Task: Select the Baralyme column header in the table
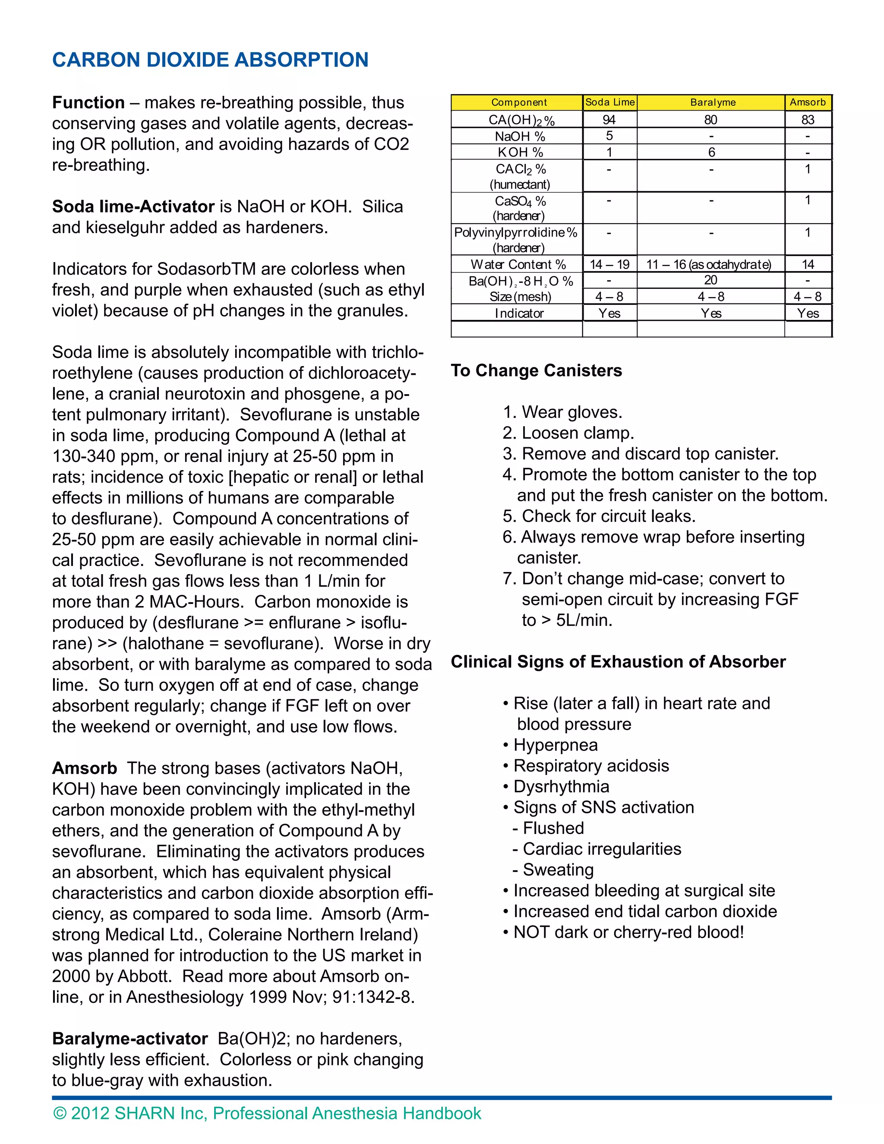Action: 712,103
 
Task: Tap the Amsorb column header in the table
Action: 808,103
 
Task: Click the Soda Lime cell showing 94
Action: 609,120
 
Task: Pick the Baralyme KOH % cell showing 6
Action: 711,152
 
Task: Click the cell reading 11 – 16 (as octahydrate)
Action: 709,265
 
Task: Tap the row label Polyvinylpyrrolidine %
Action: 516,233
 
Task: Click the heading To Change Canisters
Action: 536,370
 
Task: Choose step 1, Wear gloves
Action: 562,412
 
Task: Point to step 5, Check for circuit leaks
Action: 599,516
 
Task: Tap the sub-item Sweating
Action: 558,869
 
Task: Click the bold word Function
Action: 88,103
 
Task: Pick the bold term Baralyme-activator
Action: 130,1038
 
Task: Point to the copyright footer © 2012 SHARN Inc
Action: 267,1113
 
